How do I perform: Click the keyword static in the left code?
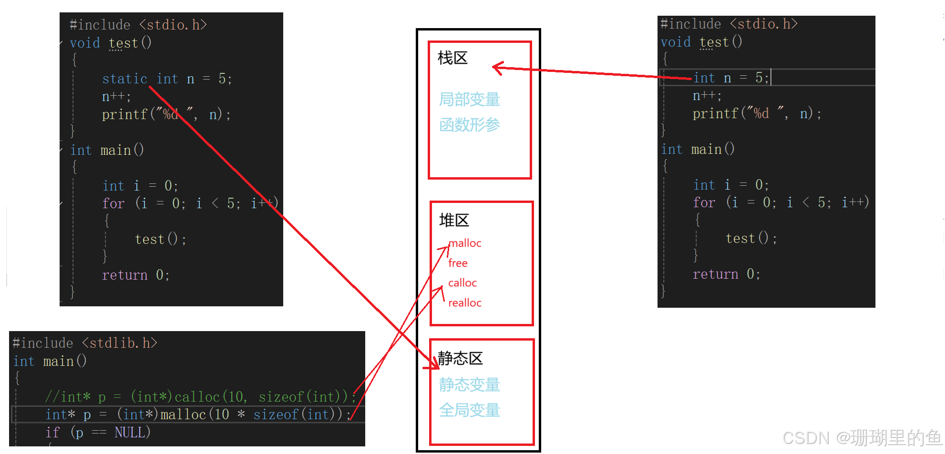coord(124,79)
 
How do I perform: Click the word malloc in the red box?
coord(465,243)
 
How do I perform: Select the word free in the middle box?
coord(458,263)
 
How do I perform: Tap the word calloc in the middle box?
coord(462,283)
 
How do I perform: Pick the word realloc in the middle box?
coord(465,303)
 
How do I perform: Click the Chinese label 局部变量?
coord(470,100)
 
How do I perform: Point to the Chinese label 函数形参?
coord(470,125)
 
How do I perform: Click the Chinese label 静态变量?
coord(470,384)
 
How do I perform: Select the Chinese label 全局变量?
coord(470,410)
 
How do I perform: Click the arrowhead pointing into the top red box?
coord(497,68)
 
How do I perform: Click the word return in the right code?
coord(715,274)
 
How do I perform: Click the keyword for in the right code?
coord(704,202)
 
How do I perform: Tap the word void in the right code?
coord(675,42)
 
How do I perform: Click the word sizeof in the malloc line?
coord(276,414)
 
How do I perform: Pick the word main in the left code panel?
coord(115,151)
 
